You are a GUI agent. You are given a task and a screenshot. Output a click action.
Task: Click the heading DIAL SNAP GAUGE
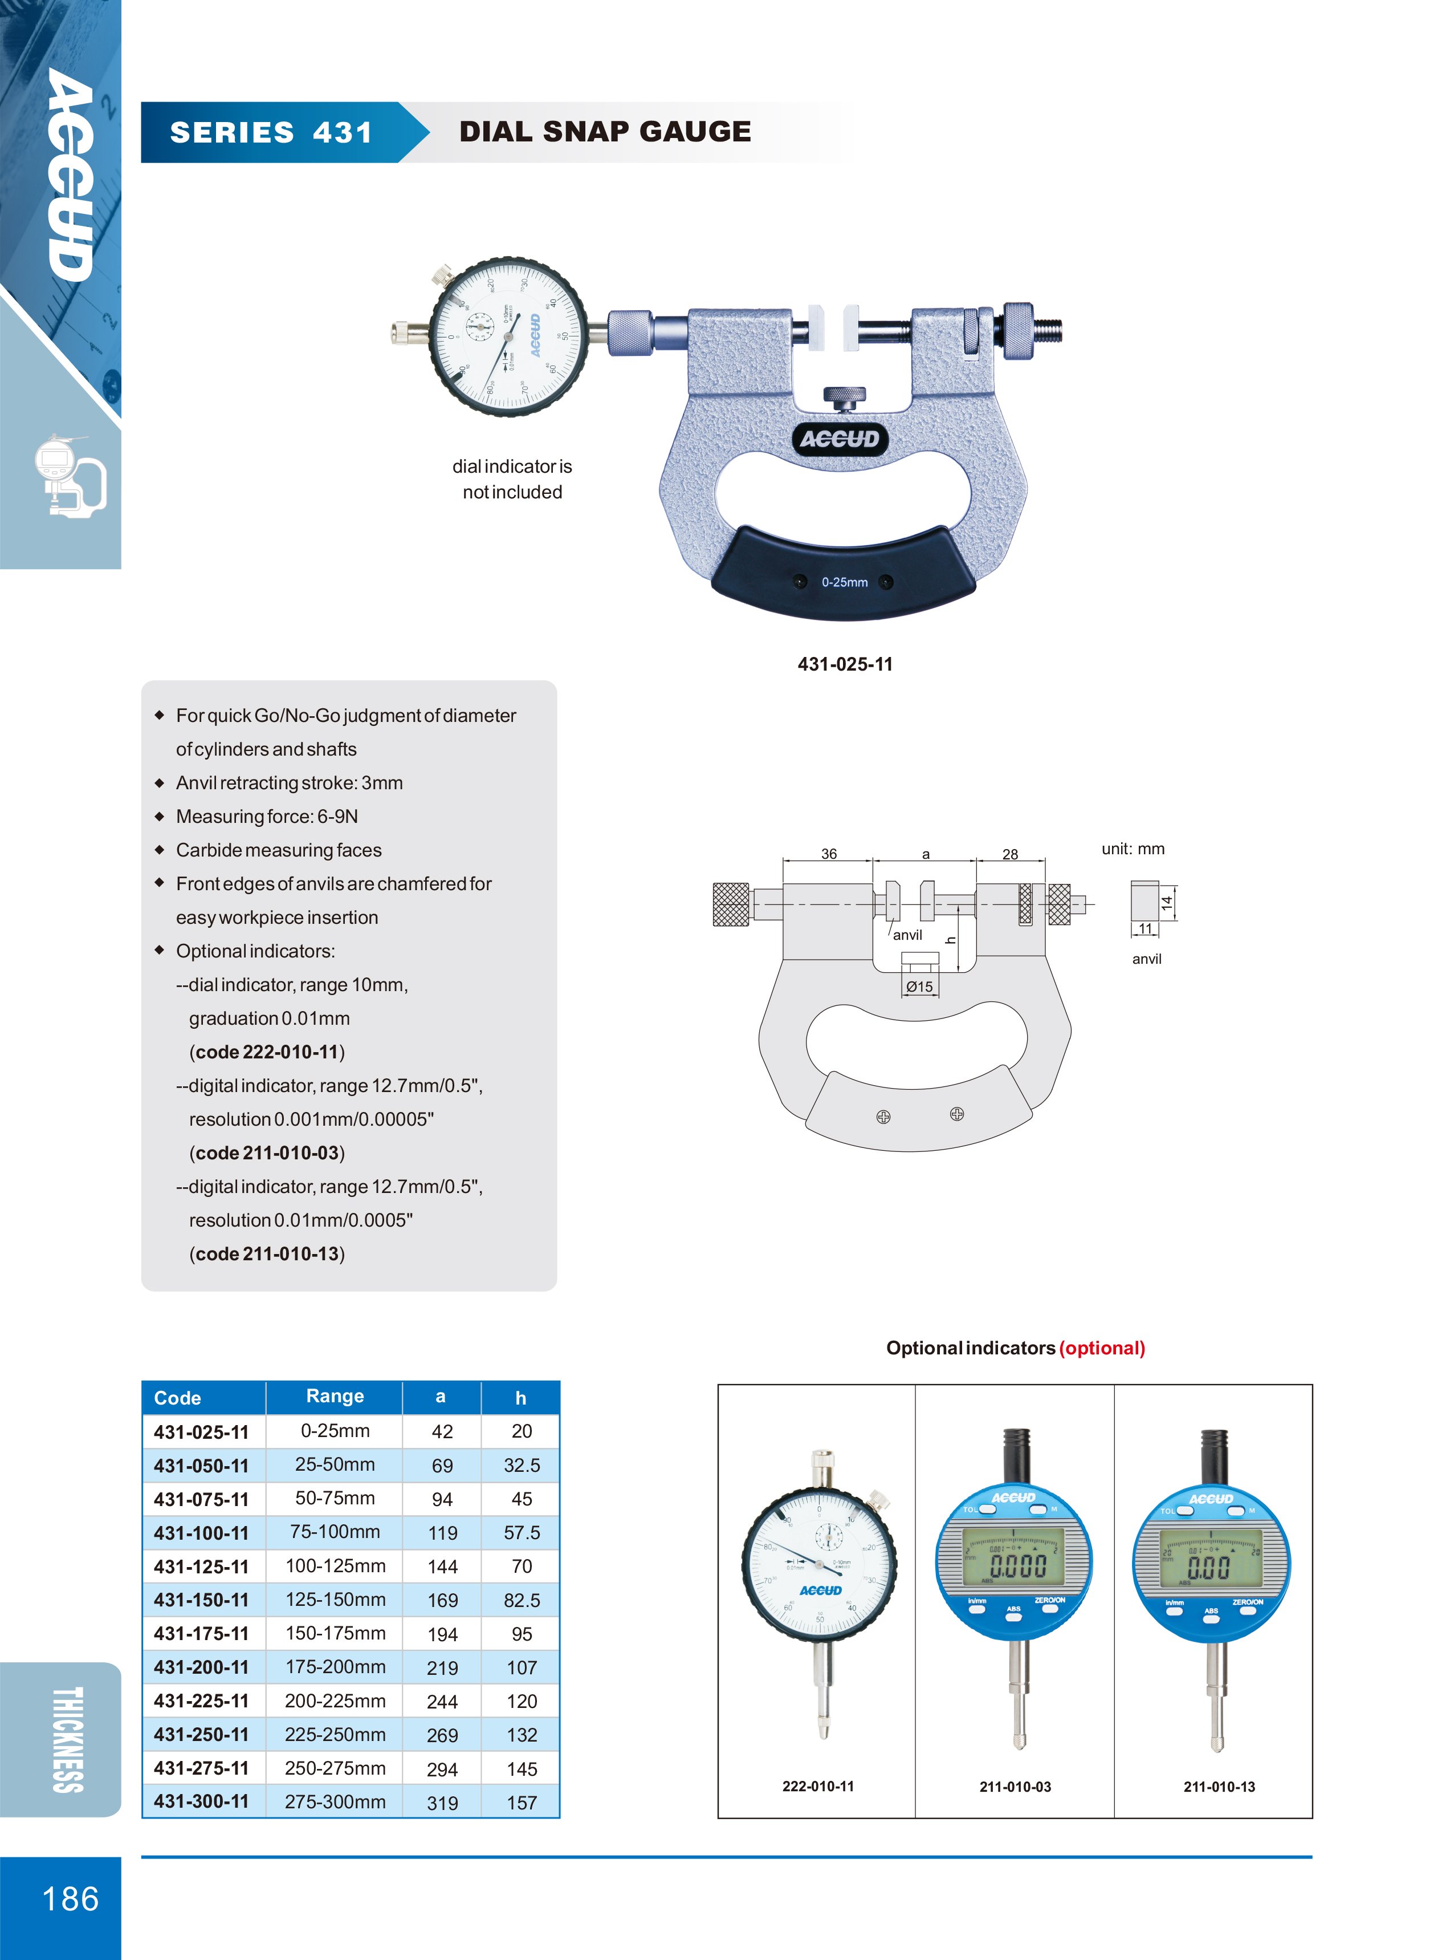605,132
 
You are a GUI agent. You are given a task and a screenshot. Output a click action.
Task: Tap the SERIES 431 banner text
271,133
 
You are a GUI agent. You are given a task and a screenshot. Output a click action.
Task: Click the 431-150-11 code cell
202,1600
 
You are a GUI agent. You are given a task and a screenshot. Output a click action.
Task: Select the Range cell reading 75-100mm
335,1532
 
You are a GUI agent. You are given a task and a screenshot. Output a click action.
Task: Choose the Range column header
335,1397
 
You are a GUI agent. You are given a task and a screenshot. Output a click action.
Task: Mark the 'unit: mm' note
1133,849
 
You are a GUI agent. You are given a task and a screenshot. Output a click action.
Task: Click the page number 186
71,1899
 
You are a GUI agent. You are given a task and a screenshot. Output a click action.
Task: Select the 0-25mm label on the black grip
844,582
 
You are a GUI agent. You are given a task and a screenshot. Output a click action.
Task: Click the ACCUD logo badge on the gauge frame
840,439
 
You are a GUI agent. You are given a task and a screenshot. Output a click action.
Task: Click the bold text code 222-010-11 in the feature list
267,1052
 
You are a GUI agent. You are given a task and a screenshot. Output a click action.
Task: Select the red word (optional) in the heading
1102,1348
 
